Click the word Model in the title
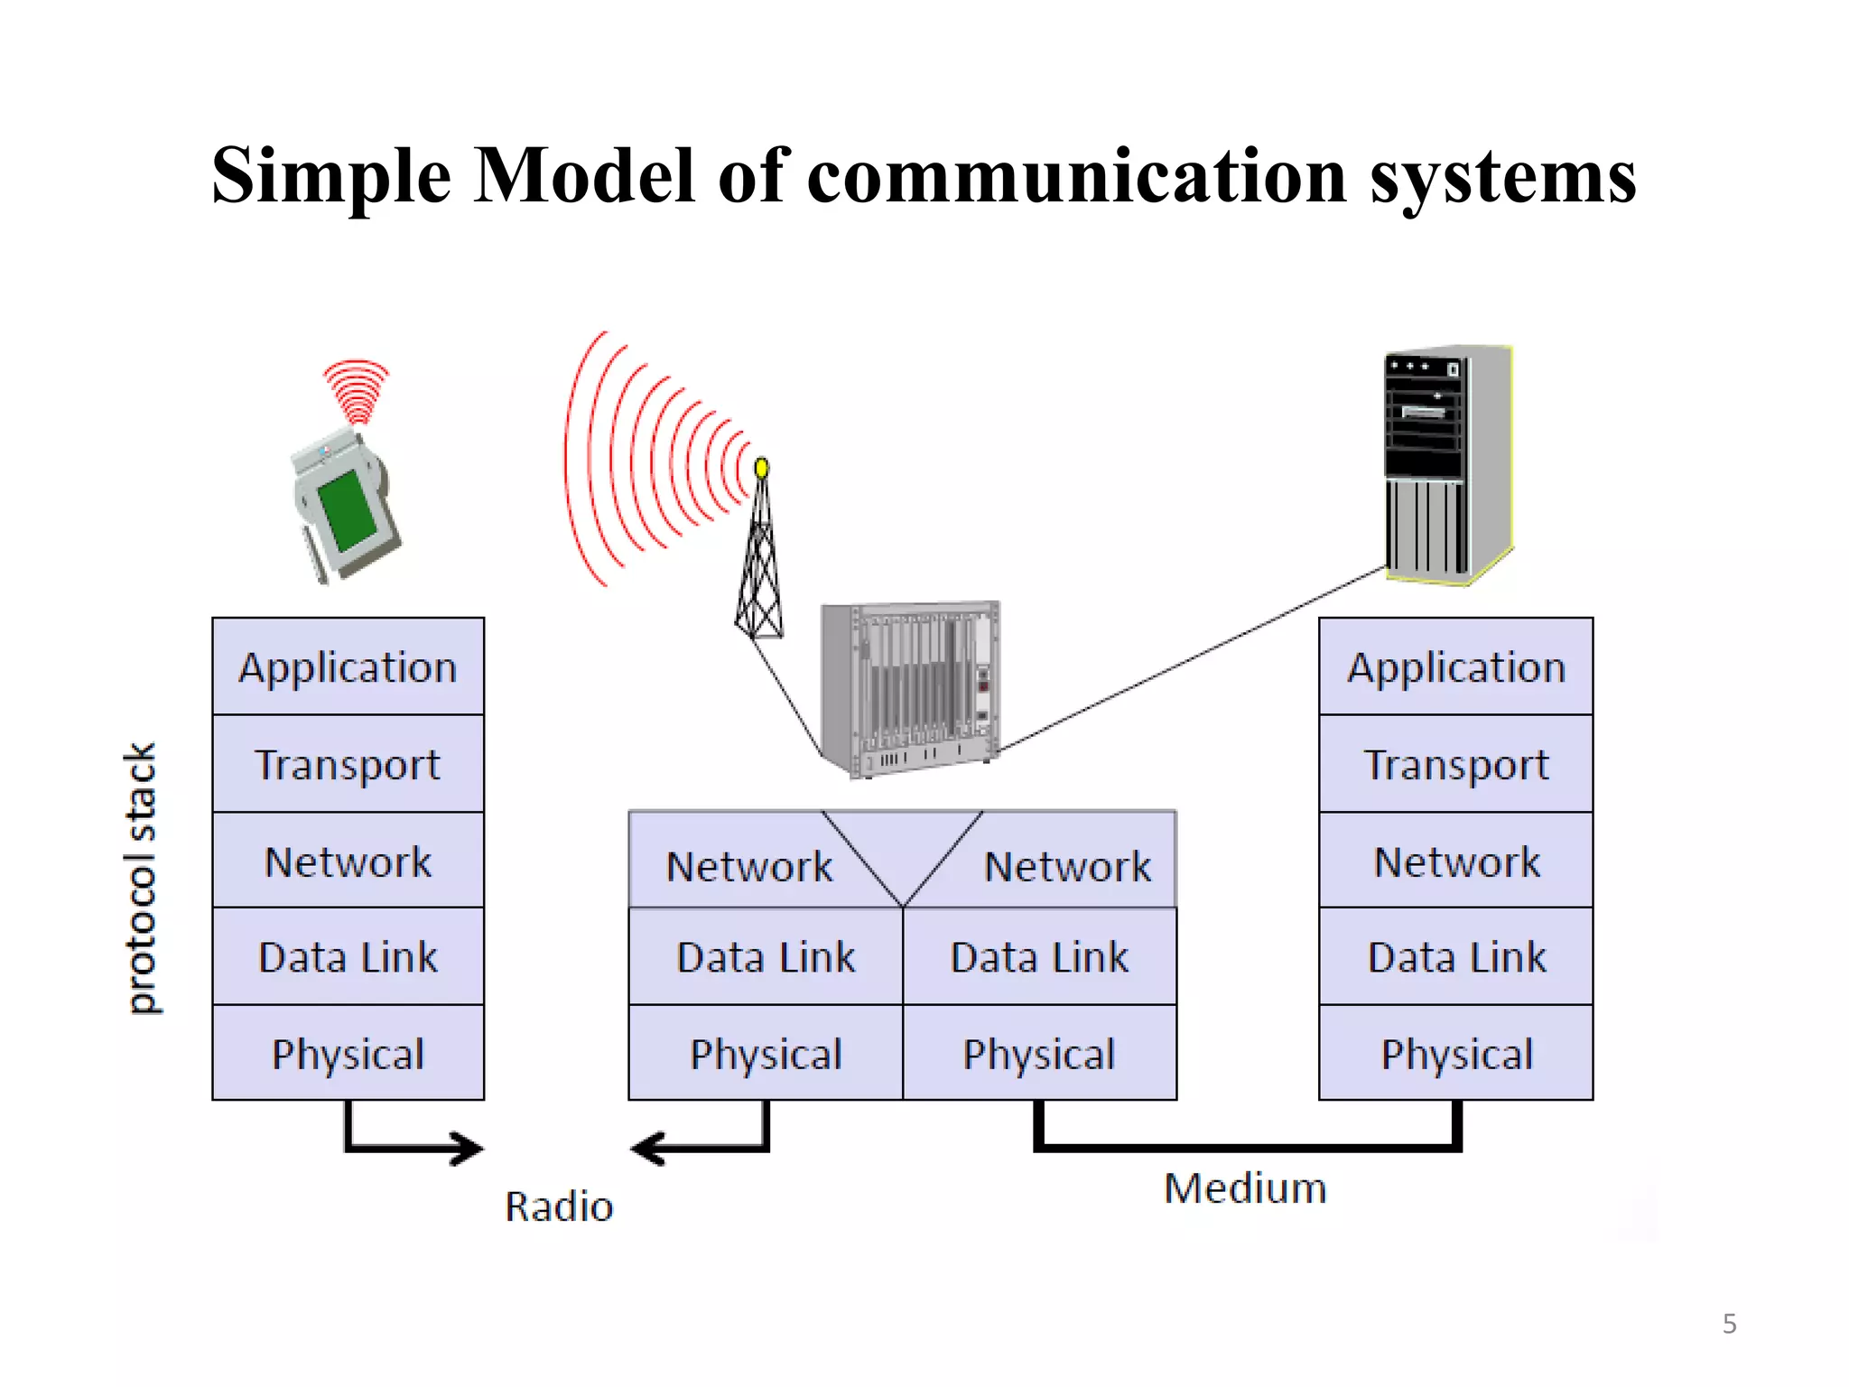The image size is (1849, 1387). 585,175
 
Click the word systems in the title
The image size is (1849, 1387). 1502,177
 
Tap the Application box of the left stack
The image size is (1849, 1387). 348,667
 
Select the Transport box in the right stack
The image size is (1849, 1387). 1455,764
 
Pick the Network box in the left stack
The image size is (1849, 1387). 348,861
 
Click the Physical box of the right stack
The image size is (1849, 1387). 1455,1053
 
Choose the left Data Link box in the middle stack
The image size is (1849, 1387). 766,956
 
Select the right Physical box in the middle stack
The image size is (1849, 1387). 1039,1053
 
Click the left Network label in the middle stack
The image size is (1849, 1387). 749,866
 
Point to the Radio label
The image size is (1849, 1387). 559,1206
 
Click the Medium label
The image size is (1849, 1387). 1245,1187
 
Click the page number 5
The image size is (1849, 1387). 1729,1324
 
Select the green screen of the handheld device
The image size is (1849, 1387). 348,510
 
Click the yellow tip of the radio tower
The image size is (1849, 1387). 761,468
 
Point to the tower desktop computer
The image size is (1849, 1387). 1447,465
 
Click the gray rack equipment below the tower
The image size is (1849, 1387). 910,686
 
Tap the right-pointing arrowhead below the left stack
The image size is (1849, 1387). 469,1149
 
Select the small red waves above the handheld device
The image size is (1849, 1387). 357,390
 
